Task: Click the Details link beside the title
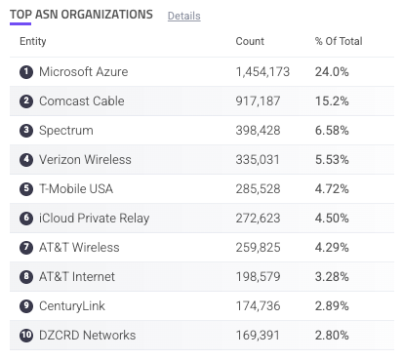[183, 16]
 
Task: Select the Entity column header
[33, 41]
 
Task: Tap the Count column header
[250, 41]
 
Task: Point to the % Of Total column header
[339, 41]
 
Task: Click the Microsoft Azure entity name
[84, 72]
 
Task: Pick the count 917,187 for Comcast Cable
[258, 101]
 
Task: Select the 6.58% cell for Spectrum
[332, 131]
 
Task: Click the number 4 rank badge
[26, 160]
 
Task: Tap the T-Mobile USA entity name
[76, 189]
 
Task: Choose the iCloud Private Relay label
[95, 219]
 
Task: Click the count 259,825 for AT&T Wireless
[258, 248]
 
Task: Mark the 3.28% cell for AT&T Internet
[332, 277]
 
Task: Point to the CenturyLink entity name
[72, 306]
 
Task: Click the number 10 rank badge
[26, 336]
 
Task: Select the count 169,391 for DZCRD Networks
[258, 336]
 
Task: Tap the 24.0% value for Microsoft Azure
[332, 72]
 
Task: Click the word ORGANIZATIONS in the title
[107, 15]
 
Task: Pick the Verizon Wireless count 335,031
[258, 160]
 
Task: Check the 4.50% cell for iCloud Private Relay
[332, 219]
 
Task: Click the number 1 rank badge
[26, 72]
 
